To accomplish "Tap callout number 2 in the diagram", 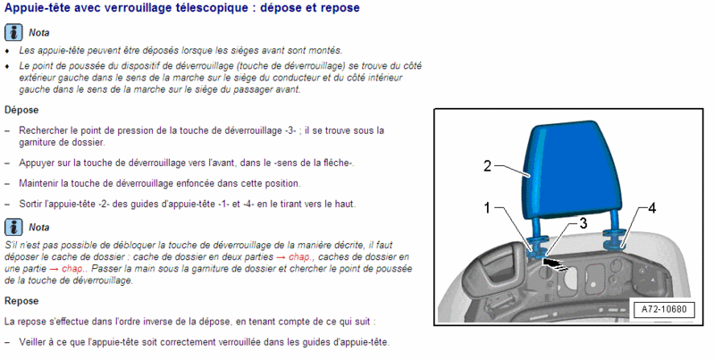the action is click(487, 166).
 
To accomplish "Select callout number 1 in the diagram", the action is click(487, 208).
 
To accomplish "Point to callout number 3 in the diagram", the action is click(584, 223).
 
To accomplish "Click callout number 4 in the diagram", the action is click(652, 208).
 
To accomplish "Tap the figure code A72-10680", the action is click(664, 309).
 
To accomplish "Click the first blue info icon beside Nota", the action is click(13, 33).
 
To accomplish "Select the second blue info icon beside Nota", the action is click(13, 227).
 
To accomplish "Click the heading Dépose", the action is click(21, 110).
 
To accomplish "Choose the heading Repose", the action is click(21, 301).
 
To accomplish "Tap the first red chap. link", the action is click(301, 257).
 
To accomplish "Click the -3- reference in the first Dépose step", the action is click(291, 130).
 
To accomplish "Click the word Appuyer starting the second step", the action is click(36, 163).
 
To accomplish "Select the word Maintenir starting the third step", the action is click(38, 183).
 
